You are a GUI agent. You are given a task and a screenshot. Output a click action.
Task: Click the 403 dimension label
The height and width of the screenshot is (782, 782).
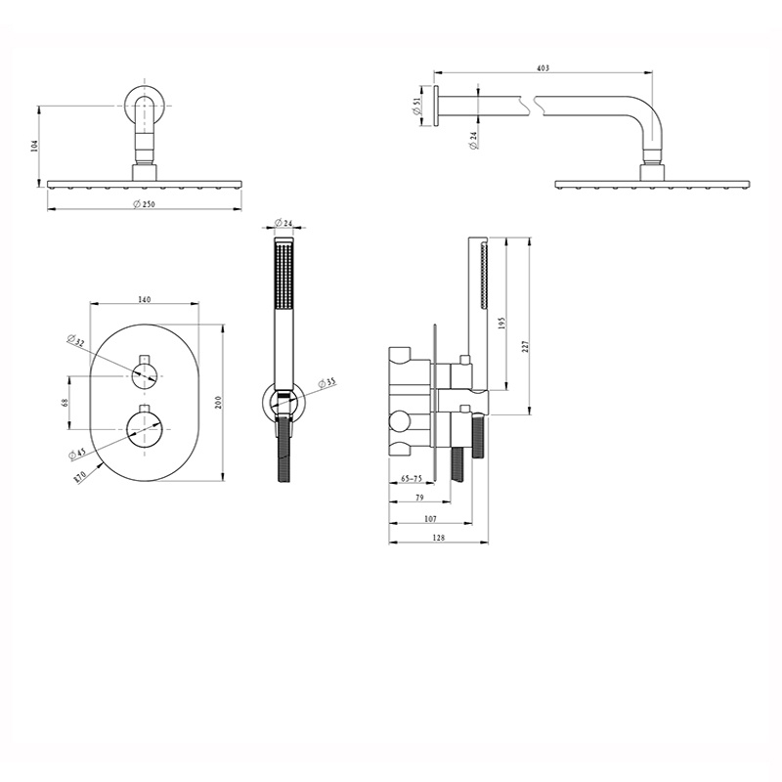point(543,68)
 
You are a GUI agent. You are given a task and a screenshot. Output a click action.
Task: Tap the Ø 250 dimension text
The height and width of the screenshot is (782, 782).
point(144,204)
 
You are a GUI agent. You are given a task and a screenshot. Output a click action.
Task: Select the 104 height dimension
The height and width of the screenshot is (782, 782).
point(34,146)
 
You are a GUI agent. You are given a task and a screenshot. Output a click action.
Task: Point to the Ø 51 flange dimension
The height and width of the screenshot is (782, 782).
point(417,106)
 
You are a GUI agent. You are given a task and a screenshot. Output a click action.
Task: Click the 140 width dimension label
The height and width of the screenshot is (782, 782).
point(144,299)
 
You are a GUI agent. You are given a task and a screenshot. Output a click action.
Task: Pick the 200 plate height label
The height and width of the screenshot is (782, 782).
point(217,402)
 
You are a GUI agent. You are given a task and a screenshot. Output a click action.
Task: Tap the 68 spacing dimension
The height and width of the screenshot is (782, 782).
point(65,402)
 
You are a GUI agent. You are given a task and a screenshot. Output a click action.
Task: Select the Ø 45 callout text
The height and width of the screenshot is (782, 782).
point(78,454)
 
